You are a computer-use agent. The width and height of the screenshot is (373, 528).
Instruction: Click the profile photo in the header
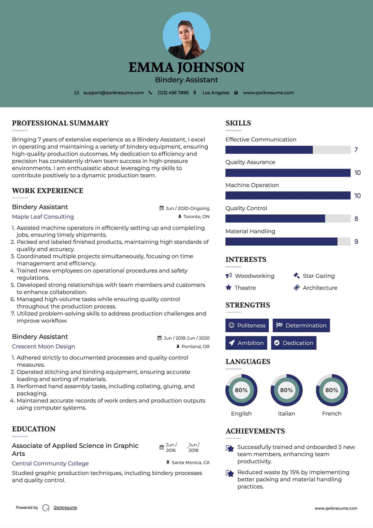[186, 36]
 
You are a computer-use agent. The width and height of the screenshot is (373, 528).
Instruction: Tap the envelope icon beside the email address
[77, 93]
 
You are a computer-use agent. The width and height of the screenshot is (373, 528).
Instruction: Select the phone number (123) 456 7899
[173, 93]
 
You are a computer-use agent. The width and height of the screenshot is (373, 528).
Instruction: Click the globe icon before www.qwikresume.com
[236, 93]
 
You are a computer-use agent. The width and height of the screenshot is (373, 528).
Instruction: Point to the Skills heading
[238, 123]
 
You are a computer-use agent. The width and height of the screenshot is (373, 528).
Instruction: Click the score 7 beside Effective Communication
[356, 150]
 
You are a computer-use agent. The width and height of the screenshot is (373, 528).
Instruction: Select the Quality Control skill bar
[288, 219]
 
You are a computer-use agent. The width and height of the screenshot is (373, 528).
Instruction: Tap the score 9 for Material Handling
[356, 242]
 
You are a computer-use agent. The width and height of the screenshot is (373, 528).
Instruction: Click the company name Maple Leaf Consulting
[43, 217]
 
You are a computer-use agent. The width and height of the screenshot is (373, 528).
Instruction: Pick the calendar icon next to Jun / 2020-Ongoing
[161, 208]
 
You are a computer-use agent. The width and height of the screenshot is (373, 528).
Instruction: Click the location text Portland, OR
[195, 347]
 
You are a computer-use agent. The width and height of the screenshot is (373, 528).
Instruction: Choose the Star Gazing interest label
[319, 276]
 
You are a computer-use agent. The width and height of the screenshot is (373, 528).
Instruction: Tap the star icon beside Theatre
[229, 288]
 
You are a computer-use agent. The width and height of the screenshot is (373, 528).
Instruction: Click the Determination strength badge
[301, 326]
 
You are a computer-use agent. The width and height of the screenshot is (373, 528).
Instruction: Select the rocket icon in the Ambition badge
[232, 343]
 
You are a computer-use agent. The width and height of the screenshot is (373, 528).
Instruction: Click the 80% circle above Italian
[286, 390]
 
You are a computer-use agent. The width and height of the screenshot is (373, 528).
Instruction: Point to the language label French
[332, 414]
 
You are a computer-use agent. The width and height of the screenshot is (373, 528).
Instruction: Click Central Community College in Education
[50, 464]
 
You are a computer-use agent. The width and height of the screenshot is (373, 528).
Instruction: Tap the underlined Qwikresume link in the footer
[65, 508]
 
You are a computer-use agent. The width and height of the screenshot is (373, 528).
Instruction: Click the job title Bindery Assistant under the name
[186, 80]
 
